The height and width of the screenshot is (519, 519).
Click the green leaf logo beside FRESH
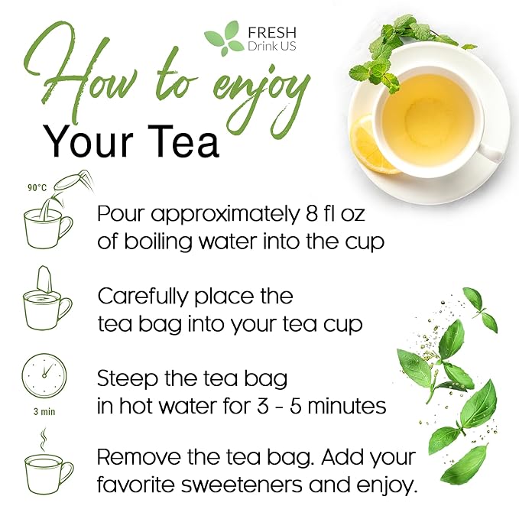pos(222,39)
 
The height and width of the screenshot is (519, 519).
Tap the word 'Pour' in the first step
pos(122,213)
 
